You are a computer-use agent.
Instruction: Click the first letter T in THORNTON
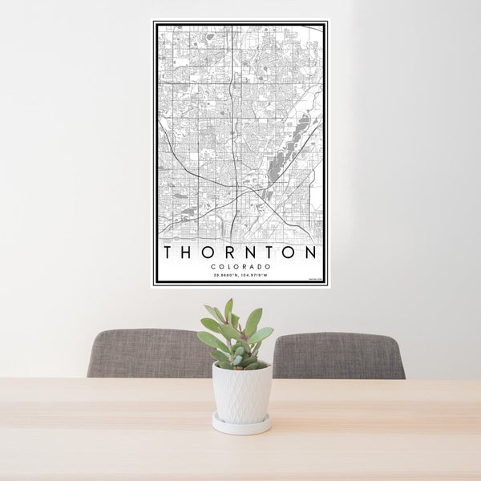click(x=168, y=252)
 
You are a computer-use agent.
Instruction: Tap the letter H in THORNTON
click(x=188, y=252)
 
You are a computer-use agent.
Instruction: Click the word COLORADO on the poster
click(x=240, y=267)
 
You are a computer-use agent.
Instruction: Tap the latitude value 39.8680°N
click(x=226, y=276)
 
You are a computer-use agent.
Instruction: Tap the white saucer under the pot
click(x=241, y=424)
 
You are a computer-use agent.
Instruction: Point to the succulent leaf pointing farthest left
click(x=207, y=339)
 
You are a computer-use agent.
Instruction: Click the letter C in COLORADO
click(x=213, y=267)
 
